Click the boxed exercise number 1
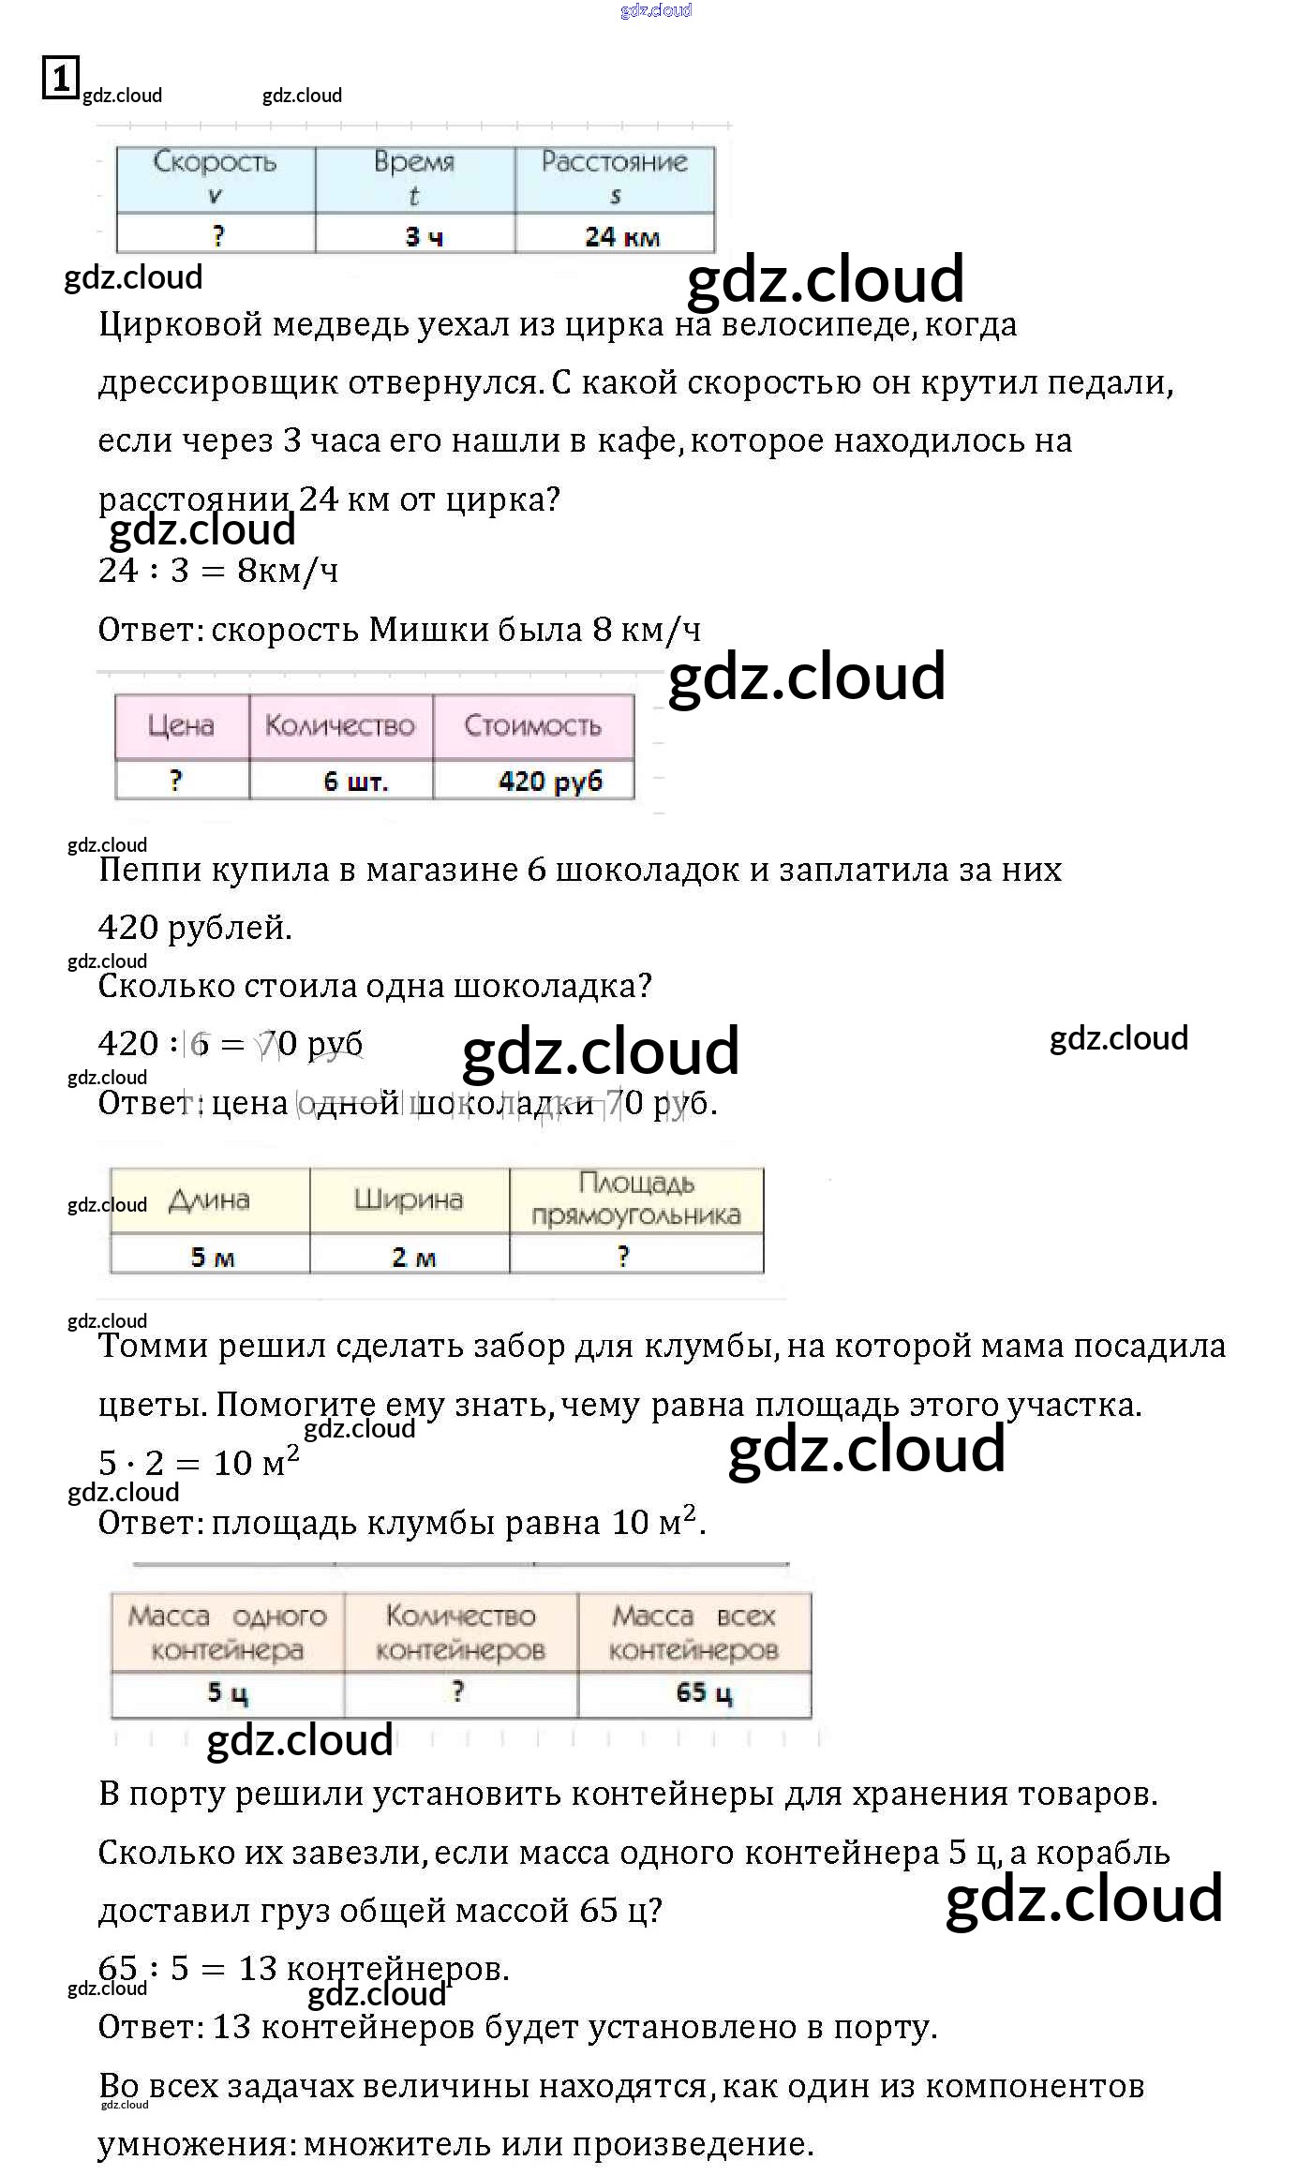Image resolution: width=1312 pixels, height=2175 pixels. (60, 78)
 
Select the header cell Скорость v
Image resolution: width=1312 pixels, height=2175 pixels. (216, 178)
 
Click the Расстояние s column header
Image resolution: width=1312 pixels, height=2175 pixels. (615, 178)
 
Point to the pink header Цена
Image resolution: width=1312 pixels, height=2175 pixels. (181, 725)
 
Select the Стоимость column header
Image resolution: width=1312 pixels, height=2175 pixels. (532, 725)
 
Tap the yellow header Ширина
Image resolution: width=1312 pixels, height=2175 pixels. (409, 1199)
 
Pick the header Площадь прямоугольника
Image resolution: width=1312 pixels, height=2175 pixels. (636, 1199)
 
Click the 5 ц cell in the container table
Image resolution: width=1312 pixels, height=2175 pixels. (228, 1692)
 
